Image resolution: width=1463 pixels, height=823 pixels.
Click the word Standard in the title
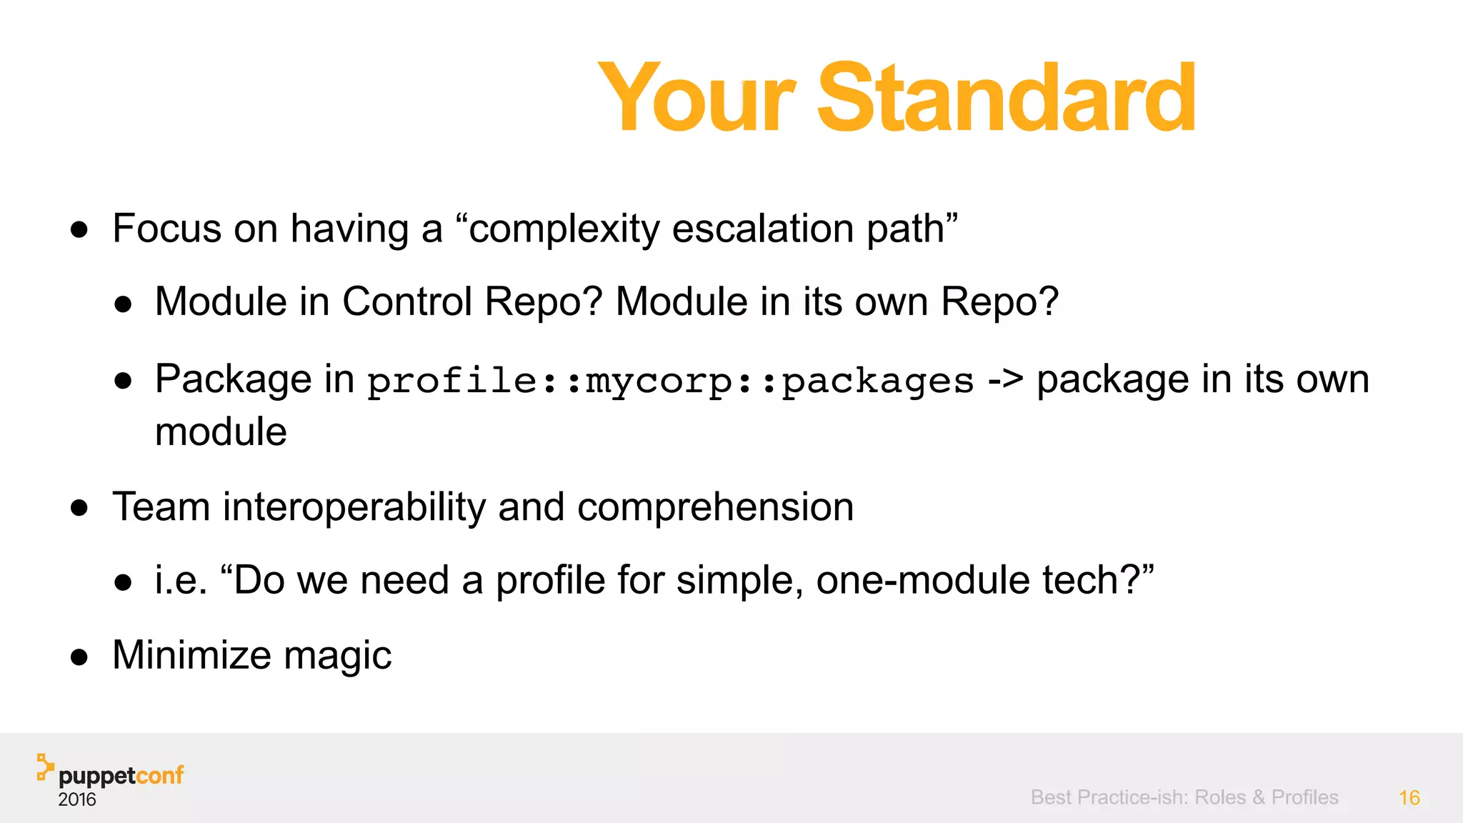1006,98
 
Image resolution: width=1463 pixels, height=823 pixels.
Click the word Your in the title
696,98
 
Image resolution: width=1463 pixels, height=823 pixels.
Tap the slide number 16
1409,798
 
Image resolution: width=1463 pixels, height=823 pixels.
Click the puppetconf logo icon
45,767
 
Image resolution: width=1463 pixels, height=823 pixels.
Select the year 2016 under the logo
77,799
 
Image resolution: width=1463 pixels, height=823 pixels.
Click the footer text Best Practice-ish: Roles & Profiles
1184,797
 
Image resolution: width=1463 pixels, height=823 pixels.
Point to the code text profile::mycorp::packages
671,380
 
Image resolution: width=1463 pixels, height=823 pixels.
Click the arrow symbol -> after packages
1005,379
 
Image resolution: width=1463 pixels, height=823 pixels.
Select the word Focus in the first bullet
167,229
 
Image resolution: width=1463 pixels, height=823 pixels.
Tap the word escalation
763,229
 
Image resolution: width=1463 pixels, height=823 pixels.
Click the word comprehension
715,507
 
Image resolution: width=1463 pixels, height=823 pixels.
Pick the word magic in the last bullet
337,656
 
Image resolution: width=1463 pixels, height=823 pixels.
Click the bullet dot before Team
79,508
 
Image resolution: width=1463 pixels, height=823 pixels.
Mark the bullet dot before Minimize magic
79,657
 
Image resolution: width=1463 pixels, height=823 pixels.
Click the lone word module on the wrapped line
221,432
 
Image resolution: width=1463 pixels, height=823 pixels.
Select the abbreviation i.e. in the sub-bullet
181,580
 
